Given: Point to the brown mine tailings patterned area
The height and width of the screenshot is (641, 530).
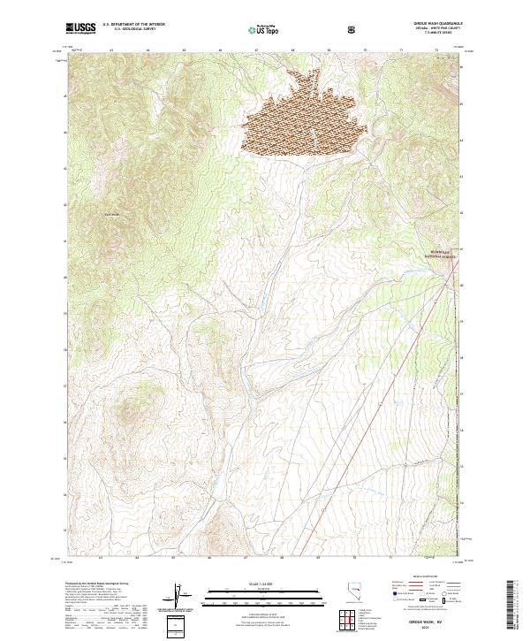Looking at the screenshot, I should [x=305, y=119].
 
